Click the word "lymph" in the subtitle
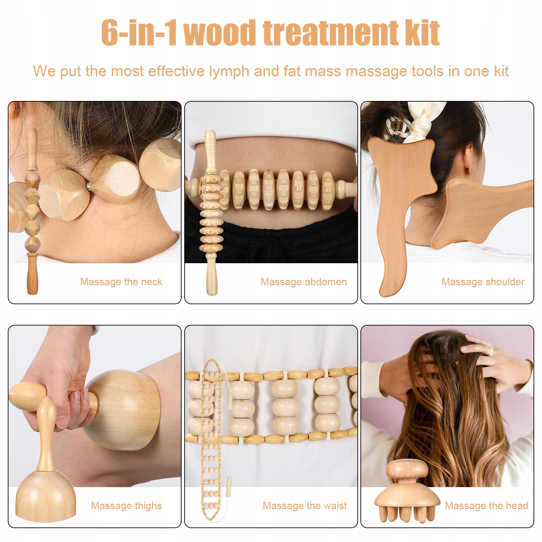coord(229,72)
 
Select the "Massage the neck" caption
coord(121,282)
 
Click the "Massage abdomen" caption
coord(304,282)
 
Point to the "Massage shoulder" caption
coord(483,282)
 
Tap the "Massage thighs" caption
coord(126,506)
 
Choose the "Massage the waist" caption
coord(305,506)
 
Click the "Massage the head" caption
coord(487,506)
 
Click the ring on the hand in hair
coord(491,351)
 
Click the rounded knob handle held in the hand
coord(27,396)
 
